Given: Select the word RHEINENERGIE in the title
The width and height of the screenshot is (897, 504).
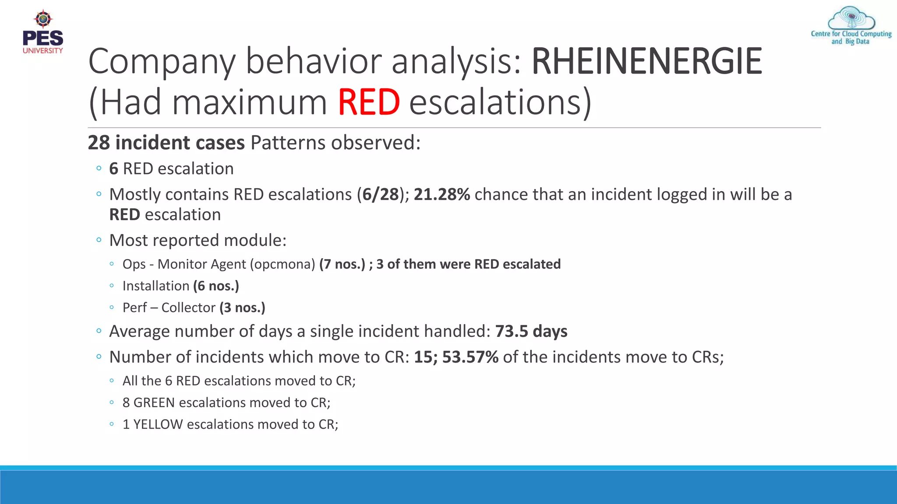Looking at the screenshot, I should pyautogui.click(x=647, y=61).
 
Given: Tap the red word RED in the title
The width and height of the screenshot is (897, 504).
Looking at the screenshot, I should pyautogui.click(x=368, y=102).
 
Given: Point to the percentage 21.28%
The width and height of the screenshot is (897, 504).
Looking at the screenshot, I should pyautogui.click(x=441, y=195).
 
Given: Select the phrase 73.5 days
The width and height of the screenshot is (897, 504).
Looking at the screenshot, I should pyautogui.click(x=531, y=332).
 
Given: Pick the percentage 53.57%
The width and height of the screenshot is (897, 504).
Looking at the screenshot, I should pyautogui.click(x=470, y=357).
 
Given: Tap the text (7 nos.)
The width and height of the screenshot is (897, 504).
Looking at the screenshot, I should pyautogui.click(x=342, y=264).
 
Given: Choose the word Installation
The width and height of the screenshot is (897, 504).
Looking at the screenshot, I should pyautogui.click(x=155, y=286).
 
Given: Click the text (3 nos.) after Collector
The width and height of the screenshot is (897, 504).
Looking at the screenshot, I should pyautogui.click(x=242, y=308).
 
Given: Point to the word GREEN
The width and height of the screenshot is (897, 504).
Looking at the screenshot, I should pyautogui.click(x=154, y=402).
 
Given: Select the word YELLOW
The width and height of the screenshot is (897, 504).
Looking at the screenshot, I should pyautogui.click(x=158, y=424).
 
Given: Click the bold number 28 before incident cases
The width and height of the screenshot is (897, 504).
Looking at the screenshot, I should pyautogui.click(x=99, y=143).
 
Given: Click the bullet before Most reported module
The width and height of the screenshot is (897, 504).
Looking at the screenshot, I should pyautogui.click(x=99, y=240).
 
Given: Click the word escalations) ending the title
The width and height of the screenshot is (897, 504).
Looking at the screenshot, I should pyautogui.click(x=500, y=102).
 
